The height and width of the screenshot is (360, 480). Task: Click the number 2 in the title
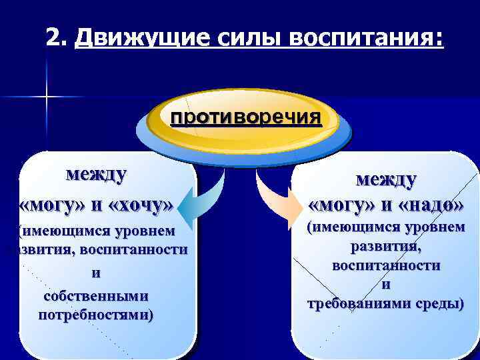coord(53,39)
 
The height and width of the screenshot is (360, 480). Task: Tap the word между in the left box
coord(96,175)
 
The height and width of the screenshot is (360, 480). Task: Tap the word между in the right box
coord(386,179)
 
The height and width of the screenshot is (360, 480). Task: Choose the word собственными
coord(96,295)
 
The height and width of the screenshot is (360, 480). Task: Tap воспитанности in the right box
coord(386,265)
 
